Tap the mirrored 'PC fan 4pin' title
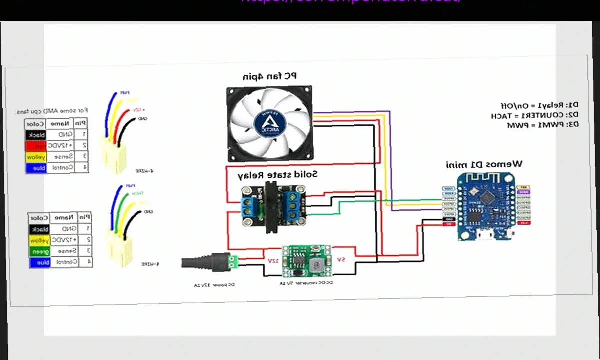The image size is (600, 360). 269,76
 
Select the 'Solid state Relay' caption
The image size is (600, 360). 277,174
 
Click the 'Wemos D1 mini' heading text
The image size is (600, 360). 484,164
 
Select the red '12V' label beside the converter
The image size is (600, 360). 273,260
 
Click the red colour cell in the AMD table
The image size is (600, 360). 36,146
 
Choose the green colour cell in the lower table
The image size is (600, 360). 39,251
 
